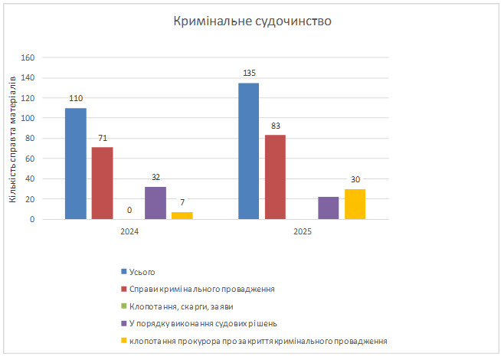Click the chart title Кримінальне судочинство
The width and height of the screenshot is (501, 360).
tap(250, 21)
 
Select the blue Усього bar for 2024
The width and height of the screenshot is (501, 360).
tap(75, 163)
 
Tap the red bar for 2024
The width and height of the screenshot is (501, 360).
tap(102, 183)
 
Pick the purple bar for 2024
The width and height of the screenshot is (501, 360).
tap(156, 203)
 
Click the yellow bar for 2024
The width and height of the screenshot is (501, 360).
tap(182, 215)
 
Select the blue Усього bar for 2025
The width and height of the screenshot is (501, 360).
tap(248, 151)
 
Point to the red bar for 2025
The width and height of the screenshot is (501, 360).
tap(275, 177)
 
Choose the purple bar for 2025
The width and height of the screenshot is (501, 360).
tap(329, 208)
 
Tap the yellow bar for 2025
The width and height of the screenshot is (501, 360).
tap(355, 204)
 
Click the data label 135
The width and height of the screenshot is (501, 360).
tap(248, 74)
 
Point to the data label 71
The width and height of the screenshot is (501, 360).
tap(102, 138)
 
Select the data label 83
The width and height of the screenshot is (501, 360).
tap(275, 126)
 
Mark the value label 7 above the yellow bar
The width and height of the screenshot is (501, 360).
tap(182, 203)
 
